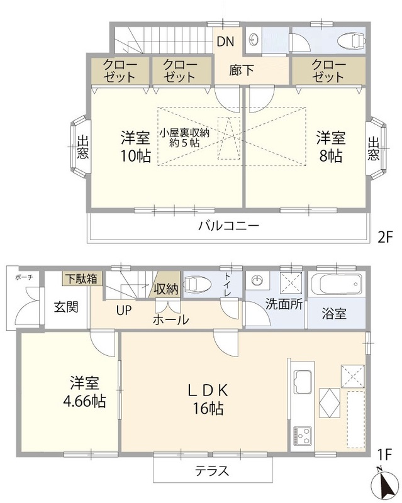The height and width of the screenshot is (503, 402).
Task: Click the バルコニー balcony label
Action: pos(228,226)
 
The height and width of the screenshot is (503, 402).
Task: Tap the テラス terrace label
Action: pos(211,470)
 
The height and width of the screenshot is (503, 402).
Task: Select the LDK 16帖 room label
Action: pos(204,399)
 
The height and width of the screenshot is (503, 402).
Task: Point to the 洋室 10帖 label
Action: pos(135,146)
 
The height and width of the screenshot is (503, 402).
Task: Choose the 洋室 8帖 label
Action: pos(329,146)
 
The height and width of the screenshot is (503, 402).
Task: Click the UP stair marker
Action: pos(123,309)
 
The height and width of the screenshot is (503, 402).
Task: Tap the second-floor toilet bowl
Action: pos(350,41)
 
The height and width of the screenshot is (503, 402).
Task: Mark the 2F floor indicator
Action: pos(385,237)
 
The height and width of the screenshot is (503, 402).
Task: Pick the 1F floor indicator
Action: pos(385,453)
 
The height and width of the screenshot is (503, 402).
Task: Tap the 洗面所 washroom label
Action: pos(284,303)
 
